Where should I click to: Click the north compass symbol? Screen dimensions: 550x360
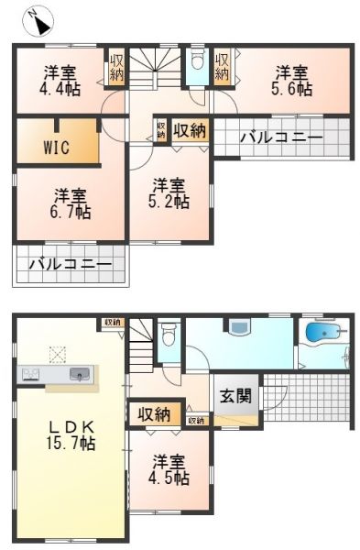click(x=39, y=20)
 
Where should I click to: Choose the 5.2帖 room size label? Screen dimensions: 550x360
click(x=170, y=200)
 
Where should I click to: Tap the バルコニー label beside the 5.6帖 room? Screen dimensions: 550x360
click(x=280, y=138)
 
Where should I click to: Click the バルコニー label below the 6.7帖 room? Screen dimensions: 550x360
click(x=70, y=265)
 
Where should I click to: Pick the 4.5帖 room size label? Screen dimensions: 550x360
click(x=170, y=478)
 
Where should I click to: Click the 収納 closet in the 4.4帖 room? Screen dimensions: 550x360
click(x=116, y=66)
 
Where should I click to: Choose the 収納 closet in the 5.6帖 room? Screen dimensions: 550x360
click(x=223, y=66)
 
